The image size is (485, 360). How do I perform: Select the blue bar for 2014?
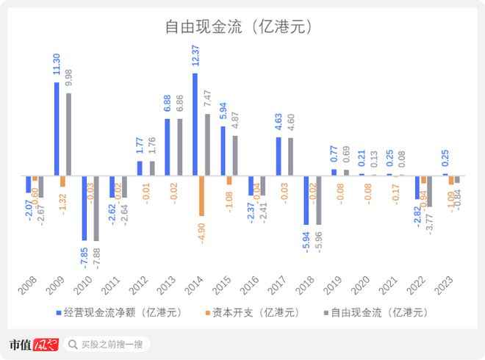tap(195, 125)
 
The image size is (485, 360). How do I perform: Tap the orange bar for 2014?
tap(202, 196)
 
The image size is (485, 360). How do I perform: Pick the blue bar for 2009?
tap(57, 129)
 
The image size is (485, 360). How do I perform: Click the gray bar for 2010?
tap(96, 209)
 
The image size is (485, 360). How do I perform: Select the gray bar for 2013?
tap(180, 148)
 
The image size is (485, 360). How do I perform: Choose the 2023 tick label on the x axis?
tap(444, 286)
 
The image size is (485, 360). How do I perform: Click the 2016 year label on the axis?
tap(250, 286)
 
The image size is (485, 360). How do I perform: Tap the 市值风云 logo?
tap(32, 344)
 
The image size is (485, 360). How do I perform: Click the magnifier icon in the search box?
tap(73, 344)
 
